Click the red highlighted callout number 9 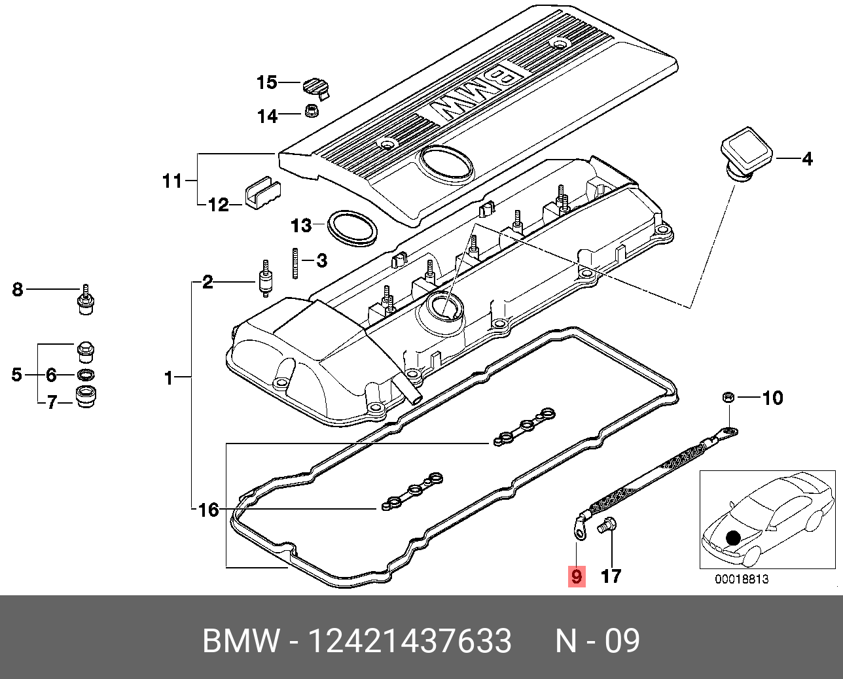click(x=576, y=576)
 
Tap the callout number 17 click(x=610, y=576)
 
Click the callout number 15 click(x=267, y=82)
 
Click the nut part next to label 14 click(x=313, y=110)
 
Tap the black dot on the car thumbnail click(x=733, y=538)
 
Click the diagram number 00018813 click(x=742, y=579)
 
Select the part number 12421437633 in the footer click(x=410, y=641)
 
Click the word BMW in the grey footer click(x=240, y=641)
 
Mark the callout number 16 click(x=208, y=510)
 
